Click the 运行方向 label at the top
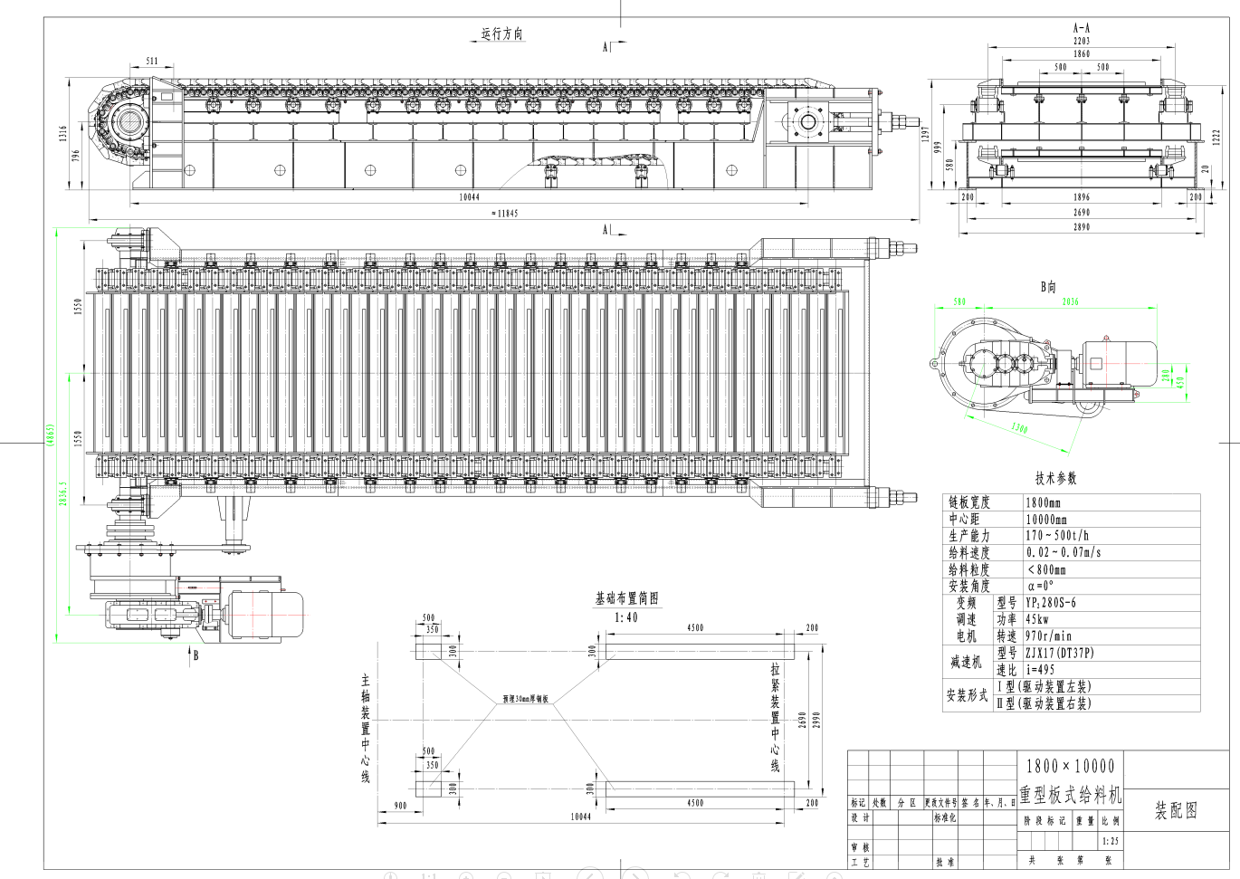pyautogui.click(x=502, y=34)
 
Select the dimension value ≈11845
pyautogui.click(x=504, y=214)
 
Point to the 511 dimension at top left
pyautogui.click(x=151, y=62)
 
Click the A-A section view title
pyautogui.click(x=1082, y=28)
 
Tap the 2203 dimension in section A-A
pyautogui.click(x=1082, y=41)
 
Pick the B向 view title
pyautogui.click(x=1048, y=287)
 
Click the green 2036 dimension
pyautogui.click(x=1071, y=301)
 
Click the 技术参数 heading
pyautogui.click(x=1056, y=478)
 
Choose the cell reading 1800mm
pyautogui.click(x=1044, y=502)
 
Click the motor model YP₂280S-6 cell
pyautogui.click(x=1051, y=603)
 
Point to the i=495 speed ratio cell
pyautogui.click(x=1041, y=670)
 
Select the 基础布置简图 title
pyautogui.click(x=626, y=599)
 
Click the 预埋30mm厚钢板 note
pyautogui.click(x=526, y=699)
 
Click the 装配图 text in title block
pyautogui.click(x=1176, y=811)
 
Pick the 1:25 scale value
pyautogui.click(x=1111, y=841)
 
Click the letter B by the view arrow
pyautogui.click(x=196, y=656)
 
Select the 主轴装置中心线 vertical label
pyautogui.click(x=366, y=729)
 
